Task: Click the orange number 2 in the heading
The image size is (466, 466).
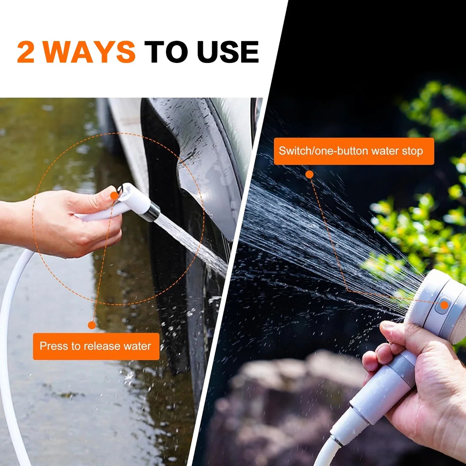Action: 26,52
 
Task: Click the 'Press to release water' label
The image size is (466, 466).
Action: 96,346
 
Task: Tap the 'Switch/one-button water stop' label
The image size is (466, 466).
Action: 353,151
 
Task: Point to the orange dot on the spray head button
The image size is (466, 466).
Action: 444,305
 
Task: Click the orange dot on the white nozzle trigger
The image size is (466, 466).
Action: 114,196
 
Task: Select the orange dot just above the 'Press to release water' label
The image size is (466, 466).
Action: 92,325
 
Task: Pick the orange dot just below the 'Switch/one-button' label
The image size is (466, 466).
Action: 309,174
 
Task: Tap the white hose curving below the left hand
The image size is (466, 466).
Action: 10,322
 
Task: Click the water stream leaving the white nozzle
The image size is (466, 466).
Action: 190,242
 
